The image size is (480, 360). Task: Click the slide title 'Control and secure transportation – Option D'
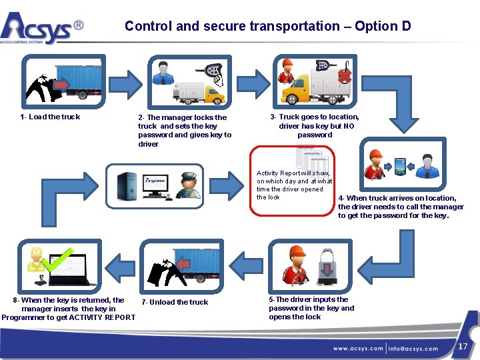pyautogui.click(x=267, y=27)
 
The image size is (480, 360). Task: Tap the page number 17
pyautogui.click(x=463, y=347)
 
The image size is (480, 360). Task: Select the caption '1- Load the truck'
pyautogui.click(x=51, y=117)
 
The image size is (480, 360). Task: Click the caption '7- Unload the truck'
pyautogui.click(x=175, y=303)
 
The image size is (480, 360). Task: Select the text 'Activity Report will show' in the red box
pyautogui.click(x=293, y=173)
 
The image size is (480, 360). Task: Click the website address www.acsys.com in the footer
pyautogui.click(x=358, y=348)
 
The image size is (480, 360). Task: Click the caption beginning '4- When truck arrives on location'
pyautogui.click(x=401, y=207)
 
